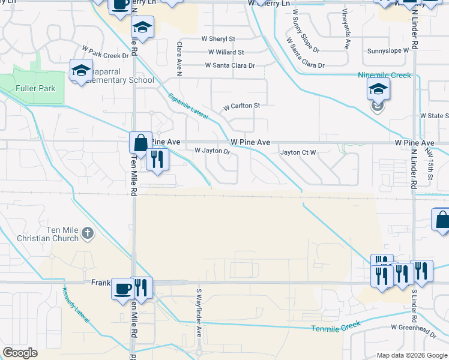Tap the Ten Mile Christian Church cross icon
88,233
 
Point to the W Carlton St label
241,106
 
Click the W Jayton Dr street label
212,152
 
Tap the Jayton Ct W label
298,152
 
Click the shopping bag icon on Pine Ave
140,143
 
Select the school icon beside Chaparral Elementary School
81,71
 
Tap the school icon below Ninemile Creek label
378,91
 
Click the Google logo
20,352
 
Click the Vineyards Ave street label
346,29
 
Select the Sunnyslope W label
388,51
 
